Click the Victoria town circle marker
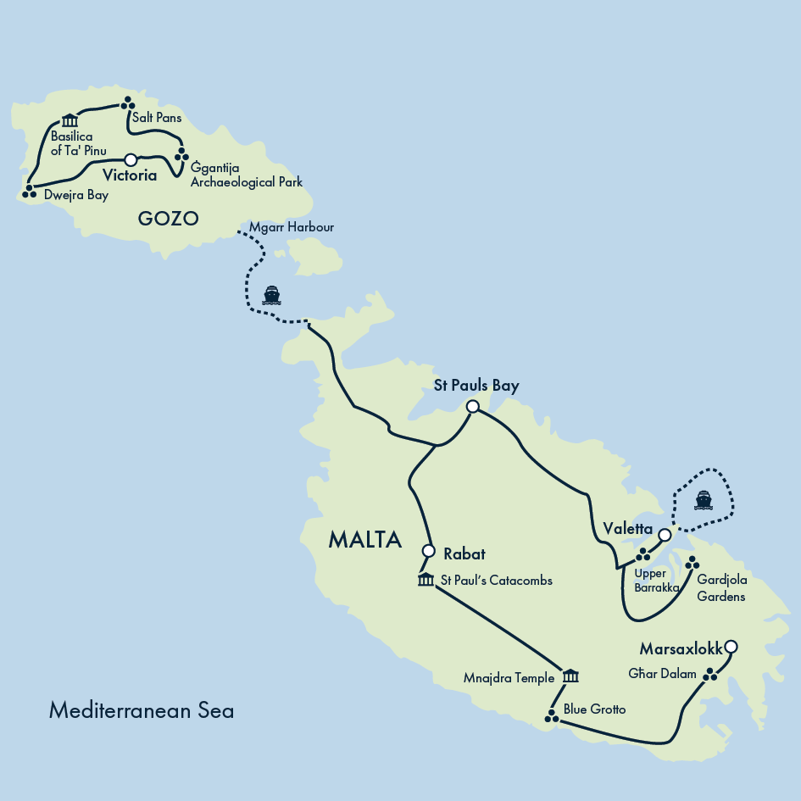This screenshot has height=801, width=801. click(x=131, y=159)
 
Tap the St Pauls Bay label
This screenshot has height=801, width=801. click(x=476, y=386)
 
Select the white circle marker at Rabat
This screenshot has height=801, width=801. click(x=428, y=550)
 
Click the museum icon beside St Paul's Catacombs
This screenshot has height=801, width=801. click(x=426, y=580)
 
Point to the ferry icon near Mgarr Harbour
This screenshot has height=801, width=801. click(x=271, y=295)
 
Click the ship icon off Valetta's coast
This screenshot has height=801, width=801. click(x=703, y=500)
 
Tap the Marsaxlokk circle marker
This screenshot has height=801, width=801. click(x=731, y=647)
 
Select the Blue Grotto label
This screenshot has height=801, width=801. click(x=594, y=709)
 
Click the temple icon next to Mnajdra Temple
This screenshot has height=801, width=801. click(x=570, y=676)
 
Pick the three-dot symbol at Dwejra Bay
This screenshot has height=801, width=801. click(x=30, y=191)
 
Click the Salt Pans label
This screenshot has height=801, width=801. click(x=157, y=118)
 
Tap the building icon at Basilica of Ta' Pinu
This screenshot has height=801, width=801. click(x=70, y=120)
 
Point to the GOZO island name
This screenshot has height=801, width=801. click(x=168, y=219)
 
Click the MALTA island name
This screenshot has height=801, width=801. click(x=364, y=540)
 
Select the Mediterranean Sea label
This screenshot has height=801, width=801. click(x=141, y=710)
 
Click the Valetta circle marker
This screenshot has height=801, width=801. click(x=665, y=536)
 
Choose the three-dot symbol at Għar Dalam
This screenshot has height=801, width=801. click(x=711, y=674)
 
